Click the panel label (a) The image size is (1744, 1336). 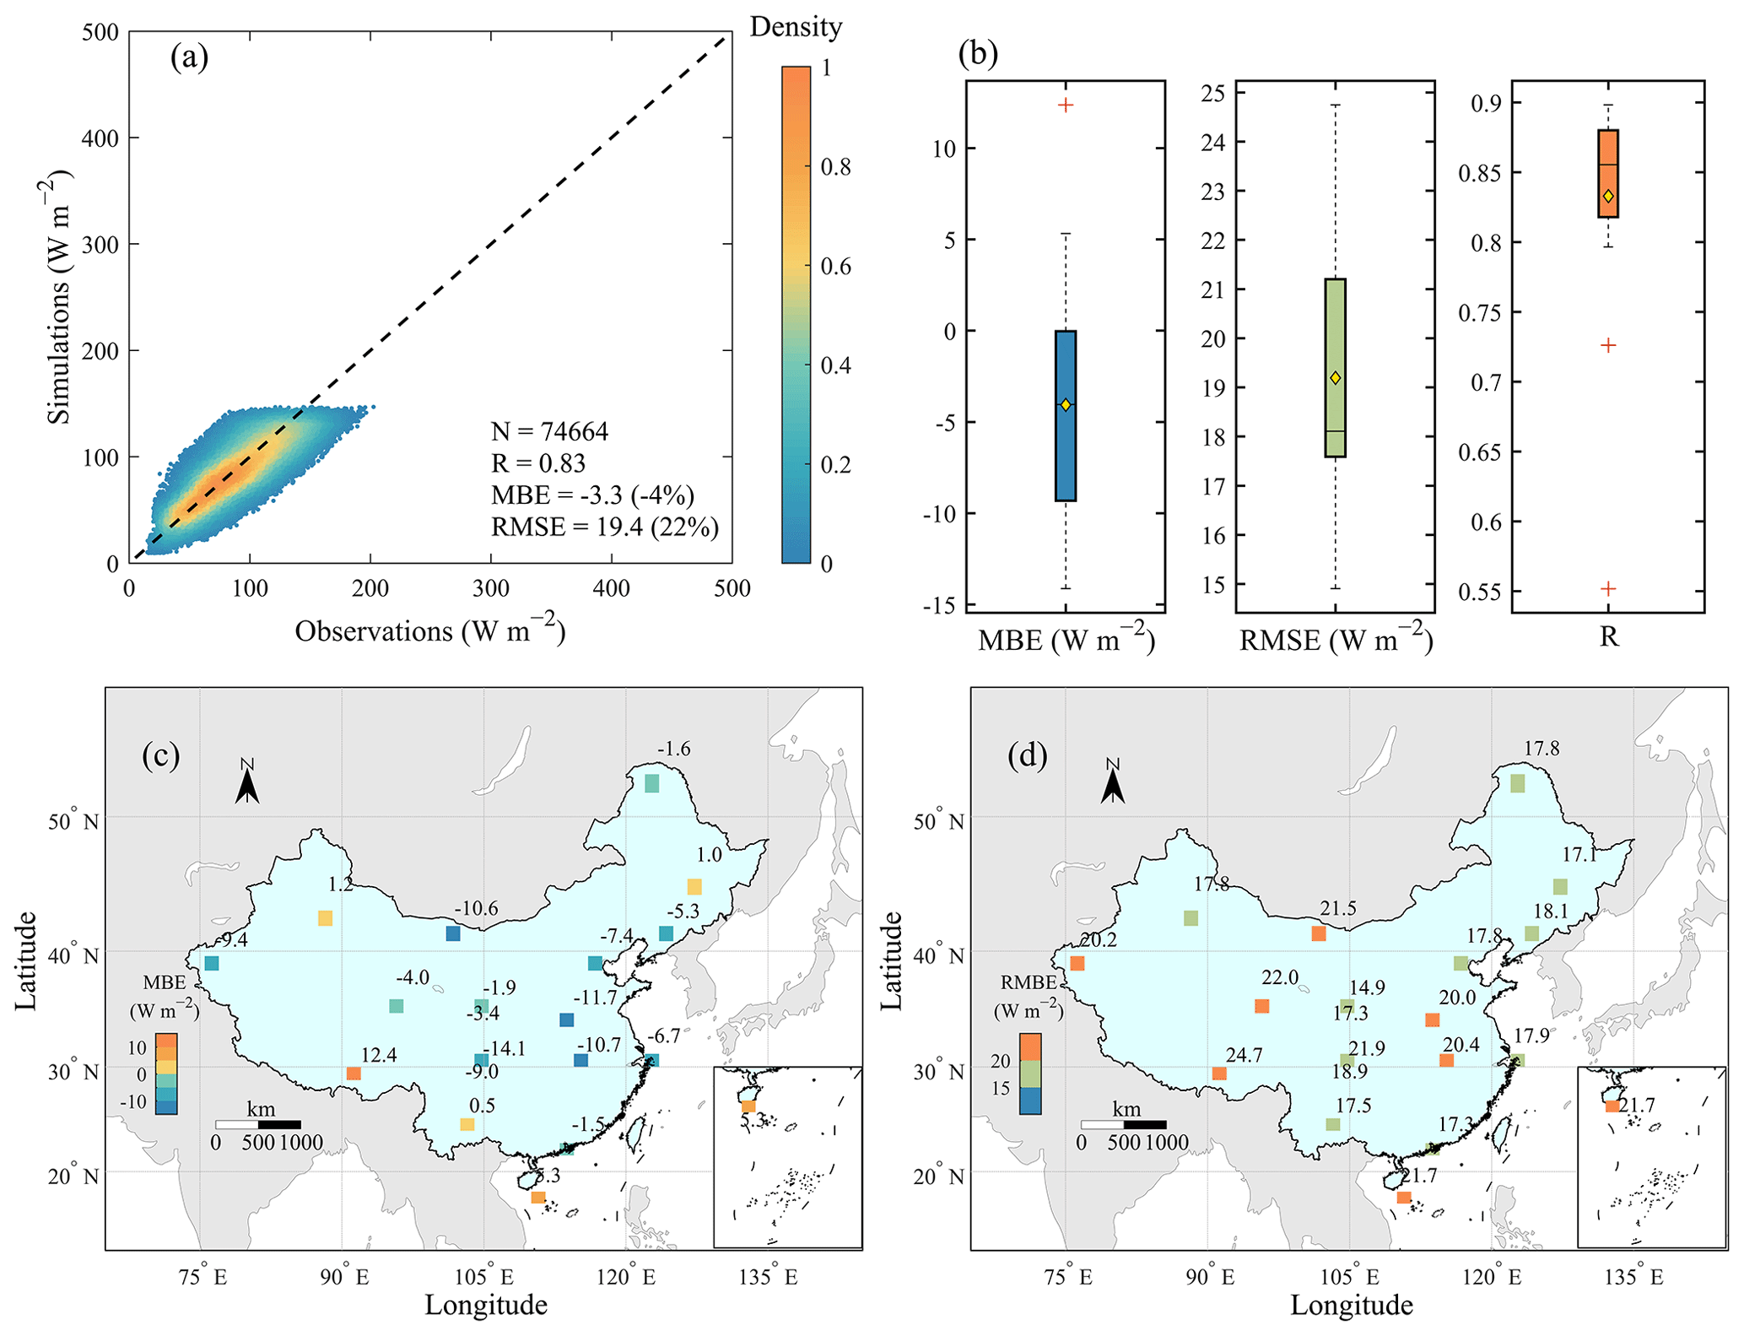tap(189, 58)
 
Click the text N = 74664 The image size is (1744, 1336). tap(549, 431)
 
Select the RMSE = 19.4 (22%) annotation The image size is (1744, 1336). tap(605, 527)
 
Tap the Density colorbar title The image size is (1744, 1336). tap(796, 27)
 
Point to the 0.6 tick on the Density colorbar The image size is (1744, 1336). tap(835, 267)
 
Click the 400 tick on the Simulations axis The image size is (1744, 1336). tap(100, 138)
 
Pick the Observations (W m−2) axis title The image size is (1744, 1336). tap(429, 630)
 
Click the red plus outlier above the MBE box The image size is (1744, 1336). tap(1066, 105)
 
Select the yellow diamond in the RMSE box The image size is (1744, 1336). tap(1335, 378)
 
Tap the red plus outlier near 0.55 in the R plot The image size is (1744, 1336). tap(1608, 588)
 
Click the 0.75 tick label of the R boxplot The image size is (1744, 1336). tap(1479, 313)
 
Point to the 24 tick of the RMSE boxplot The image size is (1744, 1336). tap(1212, 142)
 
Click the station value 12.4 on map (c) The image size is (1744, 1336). tap(379, 1055)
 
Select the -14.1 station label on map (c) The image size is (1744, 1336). tap(504, 1048)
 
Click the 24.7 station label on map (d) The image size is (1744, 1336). tap(1244, 1055)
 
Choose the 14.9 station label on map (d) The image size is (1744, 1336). tap(1367, 987)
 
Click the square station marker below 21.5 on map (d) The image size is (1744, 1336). tap(1319, 933)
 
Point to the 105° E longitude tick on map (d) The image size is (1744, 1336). tap(1352, 1277)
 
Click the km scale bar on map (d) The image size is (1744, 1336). tap(1124, 1124)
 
